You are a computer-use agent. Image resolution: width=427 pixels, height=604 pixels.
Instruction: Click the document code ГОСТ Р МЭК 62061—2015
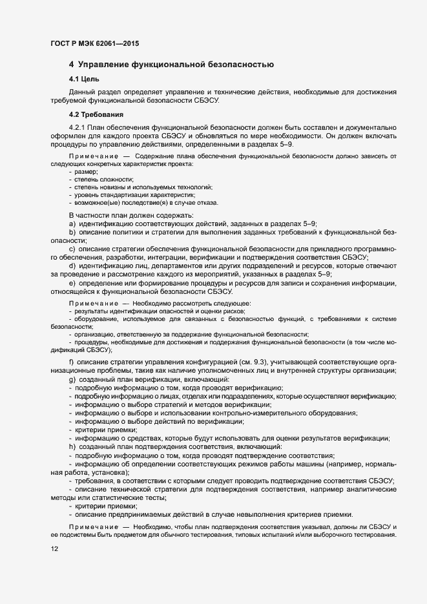click(95, 44)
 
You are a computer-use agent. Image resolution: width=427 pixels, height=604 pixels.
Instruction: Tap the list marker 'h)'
click(72, 447)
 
